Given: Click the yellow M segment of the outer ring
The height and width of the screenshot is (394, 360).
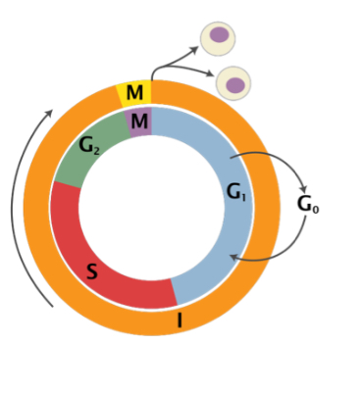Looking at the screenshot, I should click(x=135, y=93).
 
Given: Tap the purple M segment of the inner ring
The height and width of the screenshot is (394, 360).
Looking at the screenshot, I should click(x=139, y=121).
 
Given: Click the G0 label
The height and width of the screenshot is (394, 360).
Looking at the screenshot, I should click(x=308, y=205).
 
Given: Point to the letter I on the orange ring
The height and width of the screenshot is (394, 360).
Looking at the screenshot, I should click(x=180, y=320).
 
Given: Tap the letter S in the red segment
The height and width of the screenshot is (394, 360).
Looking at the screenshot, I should click(x=92, y=271).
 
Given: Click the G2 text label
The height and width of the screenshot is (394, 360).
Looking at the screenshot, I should click(x=90, y=147).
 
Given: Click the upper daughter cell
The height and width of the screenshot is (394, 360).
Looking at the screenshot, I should click(x=218, y=37).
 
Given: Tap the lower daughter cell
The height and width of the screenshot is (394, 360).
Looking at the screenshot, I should click(x=233, y=82).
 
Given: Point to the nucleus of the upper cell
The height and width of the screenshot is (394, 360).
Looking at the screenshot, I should click(x=220, y=35).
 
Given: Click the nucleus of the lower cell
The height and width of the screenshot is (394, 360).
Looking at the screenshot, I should click(x=235, y=84).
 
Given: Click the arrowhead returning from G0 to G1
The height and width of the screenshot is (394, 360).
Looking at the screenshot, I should click(x=231, y=256).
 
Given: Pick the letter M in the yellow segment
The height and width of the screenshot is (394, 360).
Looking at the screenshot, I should click(x=134, y=93).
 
